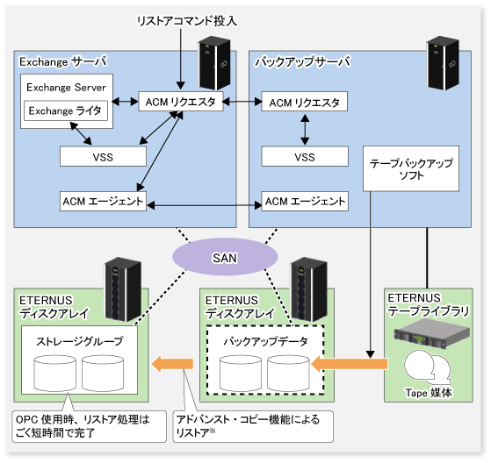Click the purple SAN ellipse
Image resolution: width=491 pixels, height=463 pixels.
225,257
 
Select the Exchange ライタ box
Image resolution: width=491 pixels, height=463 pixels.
66,110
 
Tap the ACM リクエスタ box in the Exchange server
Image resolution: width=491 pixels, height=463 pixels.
181,102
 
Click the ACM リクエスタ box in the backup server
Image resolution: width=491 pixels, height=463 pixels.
305,102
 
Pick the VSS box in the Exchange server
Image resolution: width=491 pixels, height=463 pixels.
103,156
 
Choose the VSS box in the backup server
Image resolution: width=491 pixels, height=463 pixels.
305,156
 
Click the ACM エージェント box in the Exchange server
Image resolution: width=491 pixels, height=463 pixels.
103,202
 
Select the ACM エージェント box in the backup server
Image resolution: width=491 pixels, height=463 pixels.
305,202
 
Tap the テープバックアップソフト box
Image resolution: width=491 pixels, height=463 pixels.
411,168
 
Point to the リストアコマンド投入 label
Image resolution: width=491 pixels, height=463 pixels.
187,21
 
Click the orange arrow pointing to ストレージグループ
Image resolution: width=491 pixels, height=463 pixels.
172,364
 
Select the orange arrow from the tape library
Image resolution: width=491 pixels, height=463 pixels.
350,364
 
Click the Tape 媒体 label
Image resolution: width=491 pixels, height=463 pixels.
429,393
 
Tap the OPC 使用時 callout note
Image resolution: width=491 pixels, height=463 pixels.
90,426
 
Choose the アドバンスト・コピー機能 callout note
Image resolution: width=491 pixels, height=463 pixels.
253,426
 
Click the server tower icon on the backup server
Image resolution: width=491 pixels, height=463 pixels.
443,63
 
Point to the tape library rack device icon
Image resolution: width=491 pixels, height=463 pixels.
432,336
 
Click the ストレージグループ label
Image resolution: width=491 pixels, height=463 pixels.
80,341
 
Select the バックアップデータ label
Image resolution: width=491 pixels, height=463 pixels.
265,341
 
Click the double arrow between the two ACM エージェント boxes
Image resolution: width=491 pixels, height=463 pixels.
204,205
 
